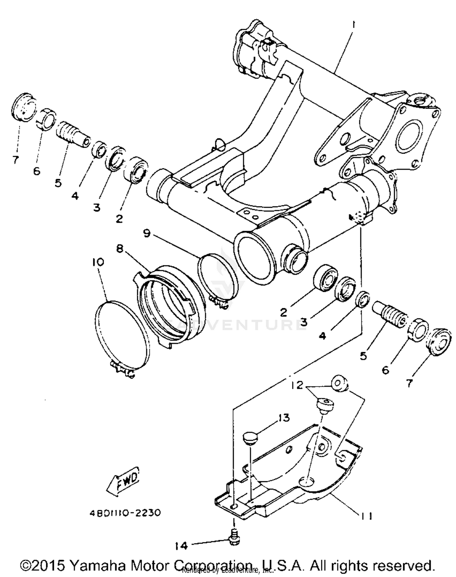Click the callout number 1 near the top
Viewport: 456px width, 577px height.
point(353,26)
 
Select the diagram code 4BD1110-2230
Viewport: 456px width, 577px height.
point(125,513)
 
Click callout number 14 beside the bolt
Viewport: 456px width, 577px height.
point(181,546)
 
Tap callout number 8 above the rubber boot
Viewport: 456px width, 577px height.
point(120,249)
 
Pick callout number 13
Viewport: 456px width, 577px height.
point(284,418)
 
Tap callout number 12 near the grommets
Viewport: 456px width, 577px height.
point(297,385)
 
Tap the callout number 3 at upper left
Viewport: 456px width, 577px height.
point(97,208)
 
